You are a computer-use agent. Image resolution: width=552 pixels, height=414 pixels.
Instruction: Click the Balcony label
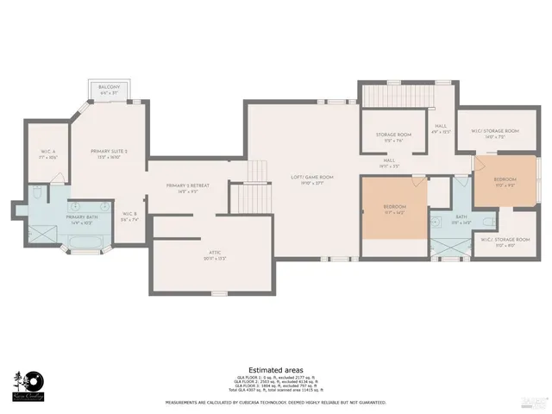[108, 89]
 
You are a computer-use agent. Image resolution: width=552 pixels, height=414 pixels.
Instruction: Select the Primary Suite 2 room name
[109, 154]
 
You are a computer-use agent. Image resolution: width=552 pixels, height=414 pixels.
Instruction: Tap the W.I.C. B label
[129, 216]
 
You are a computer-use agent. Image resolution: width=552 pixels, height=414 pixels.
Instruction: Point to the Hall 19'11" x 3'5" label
[389, 163]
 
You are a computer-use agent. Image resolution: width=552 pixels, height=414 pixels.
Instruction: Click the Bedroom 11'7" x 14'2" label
[392, 210]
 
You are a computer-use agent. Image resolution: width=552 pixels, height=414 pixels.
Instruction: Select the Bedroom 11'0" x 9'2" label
[505, 182]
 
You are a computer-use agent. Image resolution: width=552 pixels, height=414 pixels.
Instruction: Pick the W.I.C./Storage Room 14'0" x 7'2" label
[494, 133]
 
